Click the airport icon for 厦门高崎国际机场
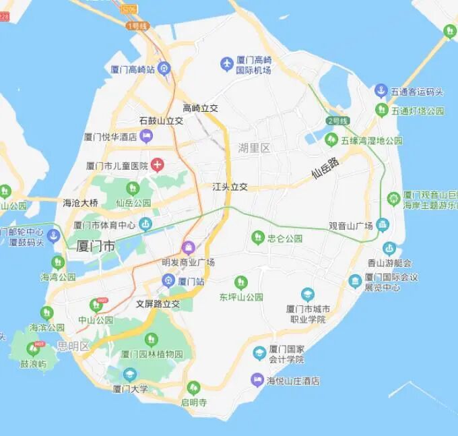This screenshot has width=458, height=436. pyautogui.click(x=226, y=64)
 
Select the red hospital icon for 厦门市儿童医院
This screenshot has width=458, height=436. pyautogui.click(x=156, y=164)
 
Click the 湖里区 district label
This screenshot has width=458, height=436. pyautogui.click(x=254, y=148)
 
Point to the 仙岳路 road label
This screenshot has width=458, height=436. pyautogui.click(x=325, y=168)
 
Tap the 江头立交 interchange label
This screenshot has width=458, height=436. pyautogui.click(x=230, y=187)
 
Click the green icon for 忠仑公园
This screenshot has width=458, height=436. pyautogui.click(x=257, y=237)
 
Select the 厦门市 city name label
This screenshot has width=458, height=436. pyautogui.click(x=96, y=246)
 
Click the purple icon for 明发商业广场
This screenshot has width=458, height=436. pyautogui.click(x=188, y=248)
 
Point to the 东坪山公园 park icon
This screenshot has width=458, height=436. pyautogui.click(x=240, y=282)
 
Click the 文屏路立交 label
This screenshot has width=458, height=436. pyautogui.click(x=158, y=304)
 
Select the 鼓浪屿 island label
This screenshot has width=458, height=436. pyautogui.click(x=33, y=364)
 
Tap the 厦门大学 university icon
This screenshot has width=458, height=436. pyautogui.click(x=130, y=374)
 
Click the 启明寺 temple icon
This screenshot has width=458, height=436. pyautogui.click(x=193, y=387)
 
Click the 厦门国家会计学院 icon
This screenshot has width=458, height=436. pyautogui.click(x=259, y=353)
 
